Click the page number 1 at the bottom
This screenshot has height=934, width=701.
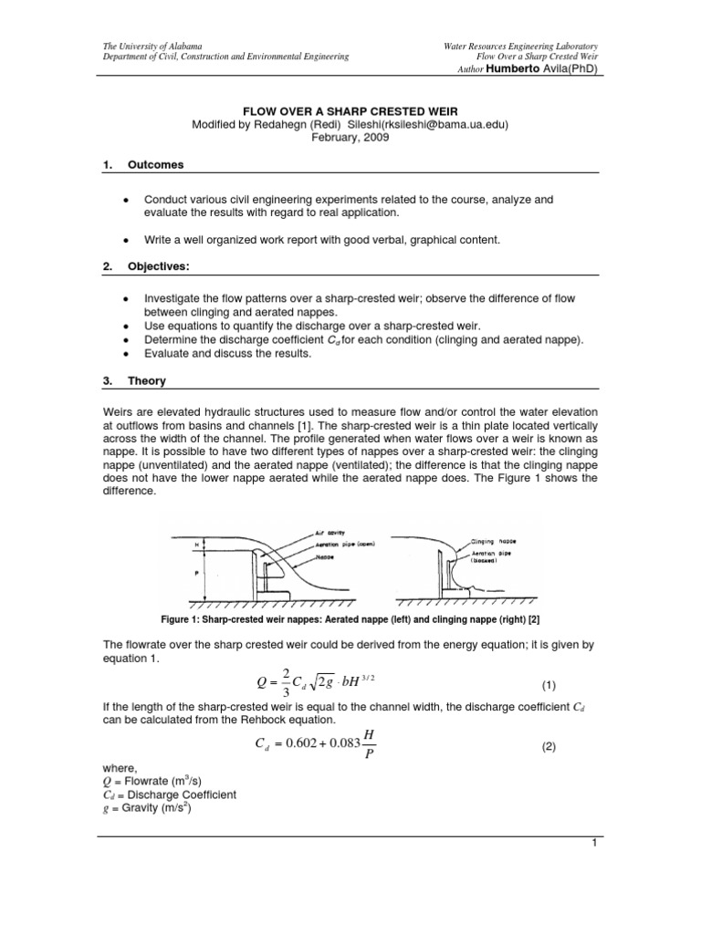pyautogui.click(x=592, y=844)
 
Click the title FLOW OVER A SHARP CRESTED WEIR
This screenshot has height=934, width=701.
pyautogui.click(x=350, y=110)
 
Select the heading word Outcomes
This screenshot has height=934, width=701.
pyautogui.click(x=154, y=165)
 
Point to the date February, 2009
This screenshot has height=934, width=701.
pyautogui.click(x=350, y=138)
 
